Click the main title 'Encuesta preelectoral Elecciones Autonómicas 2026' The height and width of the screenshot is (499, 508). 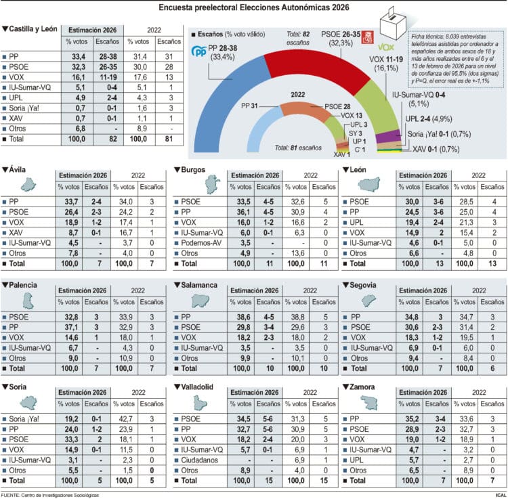[x=253, y=7]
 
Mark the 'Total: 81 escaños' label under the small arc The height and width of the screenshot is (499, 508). [x=298, y=147]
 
